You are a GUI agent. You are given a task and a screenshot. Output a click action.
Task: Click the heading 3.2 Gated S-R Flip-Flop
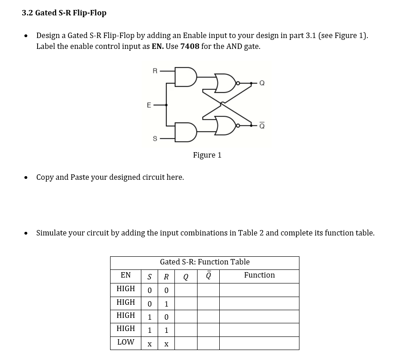(x=64, y=13)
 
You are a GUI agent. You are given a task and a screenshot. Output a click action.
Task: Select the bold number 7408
(x=190, y=46)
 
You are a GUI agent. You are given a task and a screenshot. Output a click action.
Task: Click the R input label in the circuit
(x=155, y=71)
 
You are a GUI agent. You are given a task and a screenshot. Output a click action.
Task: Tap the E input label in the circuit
(x=149, y=105)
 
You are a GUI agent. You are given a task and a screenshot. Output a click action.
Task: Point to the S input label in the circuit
(x=155, y=139)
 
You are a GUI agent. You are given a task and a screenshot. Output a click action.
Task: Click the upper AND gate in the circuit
(x=186, y=77)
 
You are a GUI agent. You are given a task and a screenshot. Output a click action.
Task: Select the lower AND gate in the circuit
(x=186, y=132)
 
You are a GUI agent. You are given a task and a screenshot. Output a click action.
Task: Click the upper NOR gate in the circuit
(x=225, y=83)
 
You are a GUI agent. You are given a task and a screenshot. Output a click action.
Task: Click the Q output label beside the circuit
(x=262, y=83)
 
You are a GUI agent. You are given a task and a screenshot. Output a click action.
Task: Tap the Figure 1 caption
(x=207, y=155)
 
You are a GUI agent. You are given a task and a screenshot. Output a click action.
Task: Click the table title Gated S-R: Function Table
(x=204, y=262)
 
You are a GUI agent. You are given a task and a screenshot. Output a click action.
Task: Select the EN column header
(x=125, y=275)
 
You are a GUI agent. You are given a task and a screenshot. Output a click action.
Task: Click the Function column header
(x=259, y=275)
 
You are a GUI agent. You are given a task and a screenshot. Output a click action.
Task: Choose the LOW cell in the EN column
(x=125, y=342)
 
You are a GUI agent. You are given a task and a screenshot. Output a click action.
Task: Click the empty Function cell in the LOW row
(x=259, y=343)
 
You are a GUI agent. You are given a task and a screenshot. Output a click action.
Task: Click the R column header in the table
(x=166, y=276)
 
